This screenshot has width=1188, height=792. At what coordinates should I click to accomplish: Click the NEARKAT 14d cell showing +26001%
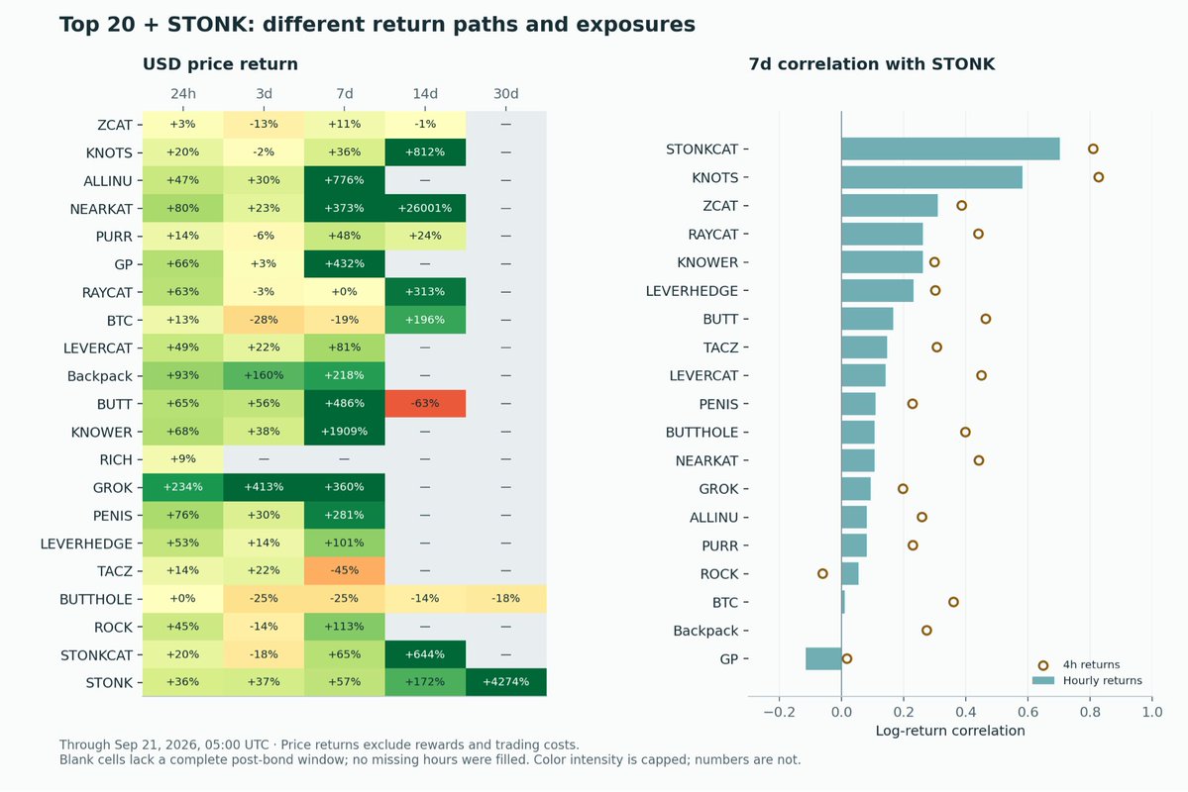tap(425, 208)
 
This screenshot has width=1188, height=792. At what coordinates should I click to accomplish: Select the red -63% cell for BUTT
tap(425, 404)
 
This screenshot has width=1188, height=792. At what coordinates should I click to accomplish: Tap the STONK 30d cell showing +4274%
tap(506, 682)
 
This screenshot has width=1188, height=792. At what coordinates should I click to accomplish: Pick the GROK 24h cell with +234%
tap(182, 487)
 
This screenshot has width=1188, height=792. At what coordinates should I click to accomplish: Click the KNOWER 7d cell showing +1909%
tap(344, 432)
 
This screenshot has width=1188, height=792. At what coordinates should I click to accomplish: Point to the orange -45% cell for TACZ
tap(344, 571)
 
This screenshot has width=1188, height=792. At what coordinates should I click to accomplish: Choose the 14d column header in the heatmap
tap(425, 94)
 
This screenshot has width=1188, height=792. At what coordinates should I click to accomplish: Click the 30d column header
tap(506, 94)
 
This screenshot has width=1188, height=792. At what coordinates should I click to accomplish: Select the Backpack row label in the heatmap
tap(99, 376)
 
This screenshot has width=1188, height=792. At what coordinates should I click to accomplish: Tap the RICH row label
tap(116, 459)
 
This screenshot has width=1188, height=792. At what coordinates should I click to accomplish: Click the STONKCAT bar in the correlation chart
tap(950, 149)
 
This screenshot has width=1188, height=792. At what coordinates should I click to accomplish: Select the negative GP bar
tap(823, 658)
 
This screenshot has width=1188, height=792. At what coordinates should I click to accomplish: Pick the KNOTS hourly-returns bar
tap(932, 177)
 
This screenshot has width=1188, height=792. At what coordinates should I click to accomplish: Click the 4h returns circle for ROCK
tap(822, 574)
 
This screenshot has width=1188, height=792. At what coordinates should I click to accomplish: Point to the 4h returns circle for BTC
tap(953, 602)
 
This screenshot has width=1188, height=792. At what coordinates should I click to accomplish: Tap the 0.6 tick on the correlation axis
tap(1028, 712)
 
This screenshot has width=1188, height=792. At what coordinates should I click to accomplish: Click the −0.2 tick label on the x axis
tap(779, 712)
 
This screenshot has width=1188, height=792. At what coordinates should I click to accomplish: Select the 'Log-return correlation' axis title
tap(950, 731)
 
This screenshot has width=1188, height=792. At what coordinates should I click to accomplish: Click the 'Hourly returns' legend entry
tap(1087, 681)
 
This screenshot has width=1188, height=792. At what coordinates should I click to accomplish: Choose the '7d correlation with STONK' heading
tap(871, 64)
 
